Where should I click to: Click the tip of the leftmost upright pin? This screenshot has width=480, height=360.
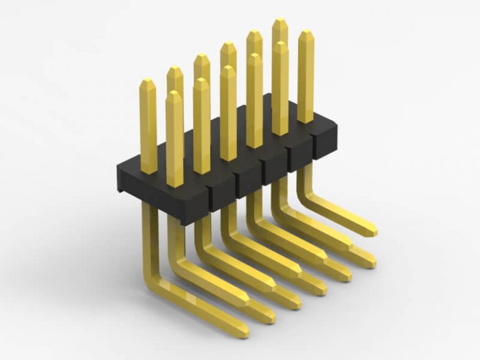pos(147,82)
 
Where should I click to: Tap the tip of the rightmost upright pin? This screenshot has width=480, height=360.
pos(305,34)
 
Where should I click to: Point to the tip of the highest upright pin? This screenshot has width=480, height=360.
pos(280,22)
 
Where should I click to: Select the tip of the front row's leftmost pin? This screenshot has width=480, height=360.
pos(174,94)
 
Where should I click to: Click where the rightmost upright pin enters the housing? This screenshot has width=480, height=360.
pos(305,121)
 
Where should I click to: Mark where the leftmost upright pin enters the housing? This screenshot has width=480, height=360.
pos(148,171)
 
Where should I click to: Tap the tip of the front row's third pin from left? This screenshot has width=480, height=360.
pos(227,69)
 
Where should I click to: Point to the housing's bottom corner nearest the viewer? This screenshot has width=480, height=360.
pos(182,222)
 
